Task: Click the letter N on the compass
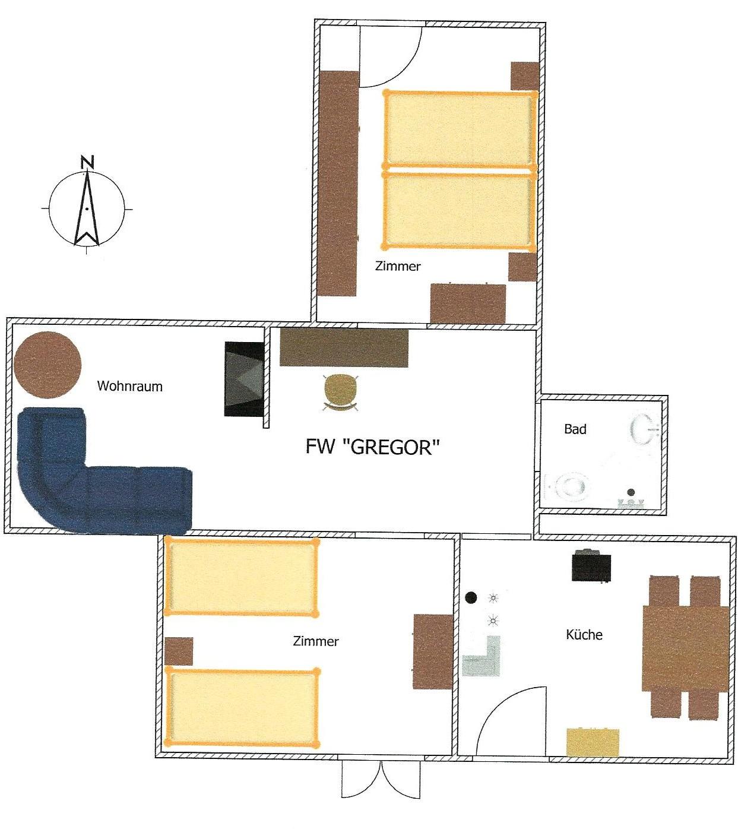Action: (87, 162)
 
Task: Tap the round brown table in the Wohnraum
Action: (47, 365)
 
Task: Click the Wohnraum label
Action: (129, 386)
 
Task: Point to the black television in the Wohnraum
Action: (244, 379)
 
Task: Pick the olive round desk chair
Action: (340, 392)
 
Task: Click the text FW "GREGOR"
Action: (372, 447)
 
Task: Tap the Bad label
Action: (575, 429)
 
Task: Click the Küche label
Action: (584, 634)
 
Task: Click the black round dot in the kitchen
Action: (471, 597)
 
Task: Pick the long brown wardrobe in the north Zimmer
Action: (338, 183)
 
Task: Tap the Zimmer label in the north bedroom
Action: (398, 267)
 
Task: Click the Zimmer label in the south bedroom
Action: (315, 641)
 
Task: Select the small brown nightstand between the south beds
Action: (179, 651)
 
